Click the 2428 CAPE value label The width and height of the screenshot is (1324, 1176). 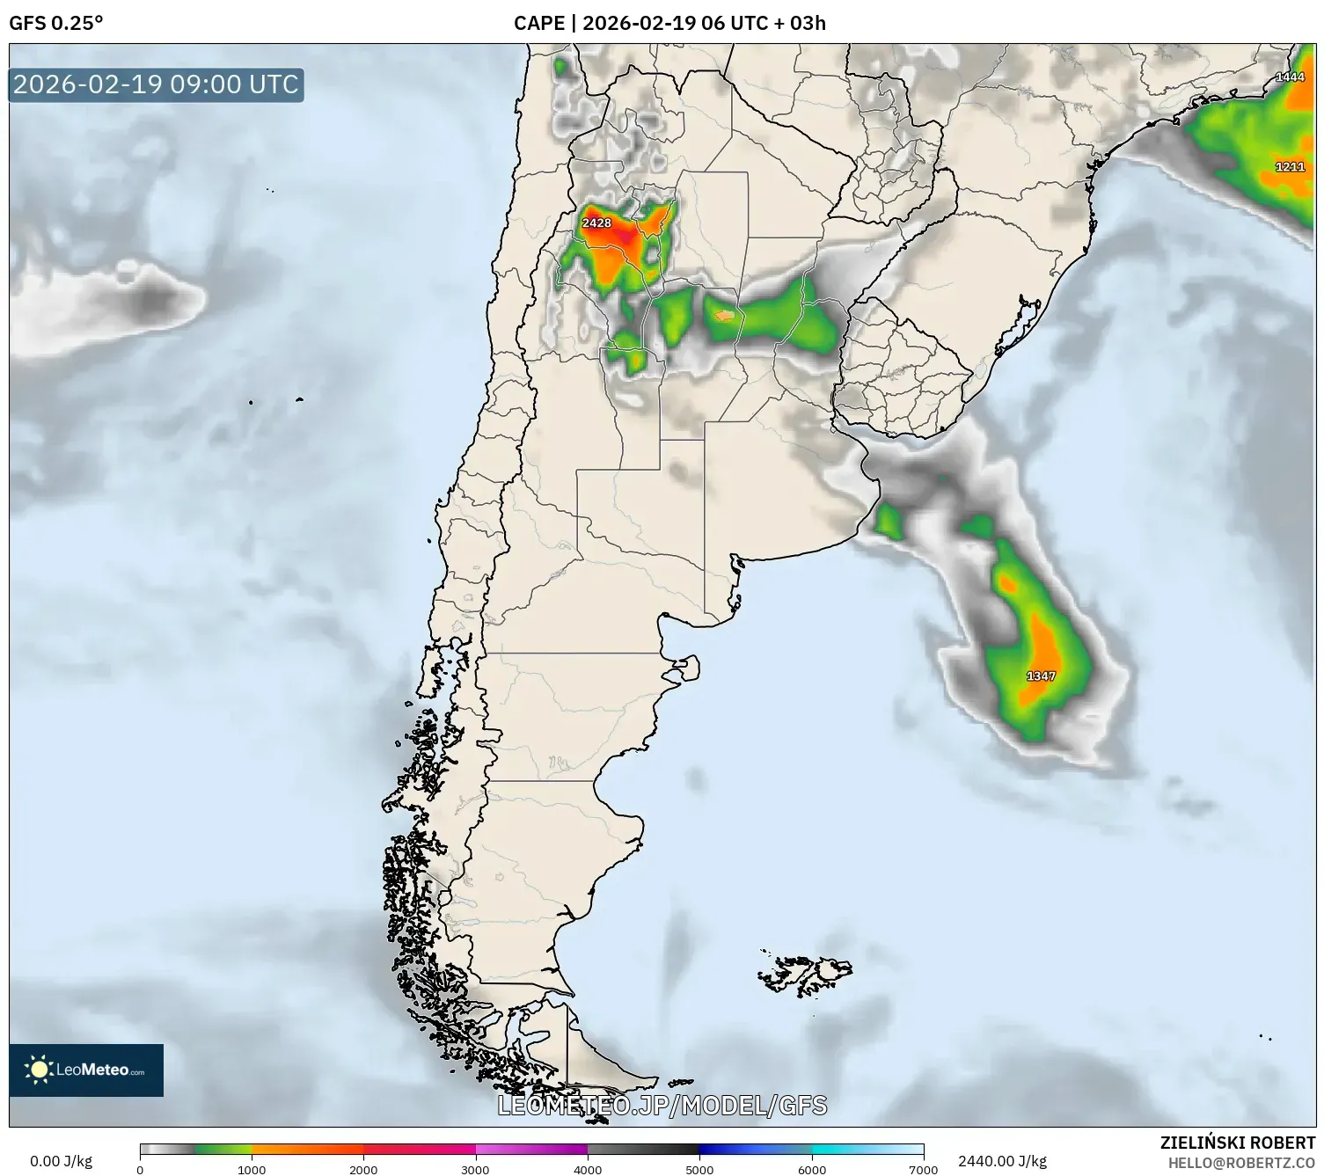click(596, 223)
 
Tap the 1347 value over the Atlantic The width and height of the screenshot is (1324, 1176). click(1041, 676)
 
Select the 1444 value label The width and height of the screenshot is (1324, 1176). click(1290, 77)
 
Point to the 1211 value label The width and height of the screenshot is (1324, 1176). click(1290, 167)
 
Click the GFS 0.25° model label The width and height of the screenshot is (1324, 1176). click(55, 23)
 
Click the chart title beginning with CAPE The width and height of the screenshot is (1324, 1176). click(669, 23)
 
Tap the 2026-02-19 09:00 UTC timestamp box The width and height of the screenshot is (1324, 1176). click(157, 84)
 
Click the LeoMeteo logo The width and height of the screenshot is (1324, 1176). click(86, 1070)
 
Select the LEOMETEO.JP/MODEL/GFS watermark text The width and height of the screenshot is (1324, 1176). click(662, 1105)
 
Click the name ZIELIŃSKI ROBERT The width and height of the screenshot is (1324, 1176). click(1238, 1143)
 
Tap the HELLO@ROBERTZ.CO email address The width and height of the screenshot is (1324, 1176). click(1241, 1163)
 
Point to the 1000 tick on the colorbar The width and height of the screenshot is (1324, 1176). click(252, 1169)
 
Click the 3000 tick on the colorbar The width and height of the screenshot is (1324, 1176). click(476, 1169)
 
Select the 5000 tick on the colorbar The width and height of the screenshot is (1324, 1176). click(699, 1169)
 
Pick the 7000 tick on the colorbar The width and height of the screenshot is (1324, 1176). click(924, 1169)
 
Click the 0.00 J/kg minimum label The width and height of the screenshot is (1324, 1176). click(61, 1161)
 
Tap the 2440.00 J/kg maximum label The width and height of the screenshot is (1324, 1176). click(1002, 1161)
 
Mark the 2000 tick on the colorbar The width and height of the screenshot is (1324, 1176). click(363, 1169)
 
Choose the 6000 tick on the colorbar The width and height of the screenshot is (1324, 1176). click(812, 1169)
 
